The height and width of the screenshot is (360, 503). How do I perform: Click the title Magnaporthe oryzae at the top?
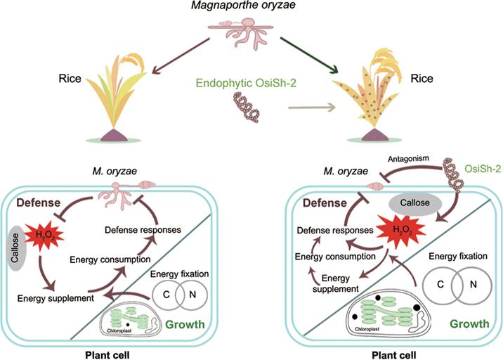tap(244, 6)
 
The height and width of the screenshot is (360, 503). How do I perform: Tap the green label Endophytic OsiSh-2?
tap(246, 83)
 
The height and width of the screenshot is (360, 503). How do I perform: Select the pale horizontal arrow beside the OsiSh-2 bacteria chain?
tap(312, 108)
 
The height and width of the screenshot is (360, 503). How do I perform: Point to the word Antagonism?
tap(408, 159)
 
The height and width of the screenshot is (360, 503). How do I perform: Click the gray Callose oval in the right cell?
tap(415, 203)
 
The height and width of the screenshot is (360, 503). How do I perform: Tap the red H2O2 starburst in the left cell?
tap(44, 236)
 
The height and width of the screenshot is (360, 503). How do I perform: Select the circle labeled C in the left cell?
tap(167, 295)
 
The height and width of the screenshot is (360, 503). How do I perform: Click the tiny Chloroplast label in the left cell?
tap(119, 330)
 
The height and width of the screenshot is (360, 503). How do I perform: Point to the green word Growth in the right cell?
tap(470, 323)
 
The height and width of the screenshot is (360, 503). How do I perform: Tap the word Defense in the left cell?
tap(39, 202)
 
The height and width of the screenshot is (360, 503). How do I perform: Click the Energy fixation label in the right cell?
tap(458, 256)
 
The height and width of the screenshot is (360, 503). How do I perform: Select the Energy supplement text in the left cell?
tap(55, 298)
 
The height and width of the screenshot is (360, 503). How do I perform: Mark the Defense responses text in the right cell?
tap(335, 231)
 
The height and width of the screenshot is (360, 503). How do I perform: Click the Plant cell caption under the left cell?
tap(107, 355)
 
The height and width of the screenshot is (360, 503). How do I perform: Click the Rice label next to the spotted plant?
tap(422, 78)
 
